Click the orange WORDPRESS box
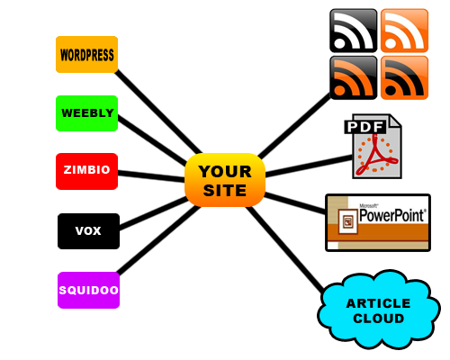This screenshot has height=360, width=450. tap(86, 54)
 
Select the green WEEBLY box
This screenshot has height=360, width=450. tap(86, 113)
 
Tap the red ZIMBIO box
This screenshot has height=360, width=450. tap(86, 171)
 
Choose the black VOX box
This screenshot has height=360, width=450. tap(88, 231)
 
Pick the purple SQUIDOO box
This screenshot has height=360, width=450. tap(88, 290)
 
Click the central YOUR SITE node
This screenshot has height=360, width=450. tap(225, 180)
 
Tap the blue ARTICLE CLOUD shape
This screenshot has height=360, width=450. tap(379, 310)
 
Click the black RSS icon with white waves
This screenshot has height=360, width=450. tap(354, 31)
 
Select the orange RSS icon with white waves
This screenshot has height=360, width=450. tap(404, 31)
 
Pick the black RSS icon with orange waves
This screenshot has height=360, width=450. tap(354, 77)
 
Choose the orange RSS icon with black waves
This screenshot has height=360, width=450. tap(404, 77)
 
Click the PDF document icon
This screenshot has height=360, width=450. tap(373, 147)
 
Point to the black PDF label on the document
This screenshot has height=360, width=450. tap(365, 127)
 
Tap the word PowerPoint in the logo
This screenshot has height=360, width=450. tap(392, 215)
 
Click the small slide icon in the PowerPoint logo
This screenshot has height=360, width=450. tap(348, 222)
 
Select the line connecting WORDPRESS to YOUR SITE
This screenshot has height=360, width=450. tap(158, 112)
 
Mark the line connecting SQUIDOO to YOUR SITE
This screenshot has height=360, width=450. tap(158, 240)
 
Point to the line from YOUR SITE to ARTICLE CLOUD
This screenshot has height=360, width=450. tap(285, 249)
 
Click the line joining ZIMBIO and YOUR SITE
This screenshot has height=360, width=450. tap(151, 176)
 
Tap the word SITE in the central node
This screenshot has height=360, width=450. tap(225, 191)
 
